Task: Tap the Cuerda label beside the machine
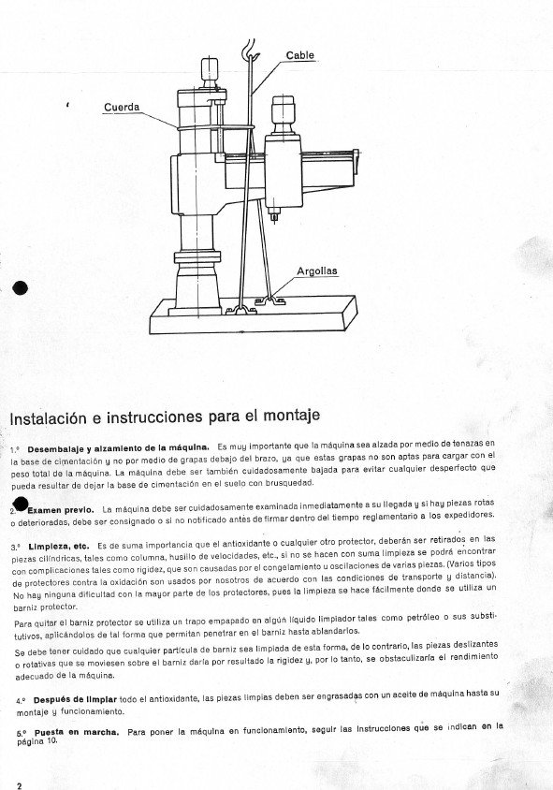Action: pyautogui.click(x=121, y=108)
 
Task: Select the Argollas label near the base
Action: pyautogui.click(x=316, y=271)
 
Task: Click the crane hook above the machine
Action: pyautogui.click(x=251, y=48)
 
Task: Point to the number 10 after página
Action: pyautogui.click(x=51, y=739)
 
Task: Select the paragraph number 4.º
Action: pyautogui.click(x=18, y=699)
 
